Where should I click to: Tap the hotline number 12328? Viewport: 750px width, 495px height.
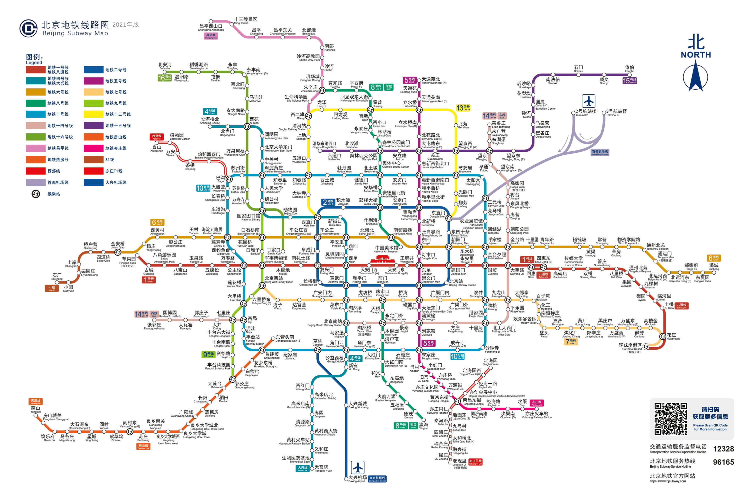(723, 449)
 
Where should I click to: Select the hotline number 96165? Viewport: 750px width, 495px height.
(723, 462)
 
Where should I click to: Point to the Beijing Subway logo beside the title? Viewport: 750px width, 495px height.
(28, 29)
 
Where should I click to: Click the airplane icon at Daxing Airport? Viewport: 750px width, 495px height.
(358, 467)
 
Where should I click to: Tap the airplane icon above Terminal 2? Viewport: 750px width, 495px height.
(588, 101)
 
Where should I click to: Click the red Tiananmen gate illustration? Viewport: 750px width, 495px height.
(382, 260)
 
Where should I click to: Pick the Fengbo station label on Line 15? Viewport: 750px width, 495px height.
(629, 69)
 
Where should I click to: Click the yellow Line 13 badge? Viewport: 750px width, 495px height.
(463, 108)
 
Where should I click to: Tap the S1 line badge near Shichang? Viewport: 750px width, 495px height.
(51, 288)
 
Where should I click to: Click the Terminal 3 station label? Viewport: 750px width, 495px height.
(616, 112)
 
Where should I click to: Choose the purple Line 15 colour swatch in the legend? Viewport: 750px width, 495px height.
(93, 126)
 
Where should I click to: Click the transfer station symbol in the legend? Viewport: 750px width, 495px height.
(36, 194)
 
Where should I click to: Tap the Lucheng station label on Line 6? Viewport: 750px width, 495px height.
(713, 267)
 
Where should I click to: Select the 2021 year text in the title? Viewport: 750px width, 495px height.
(125, 25)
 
